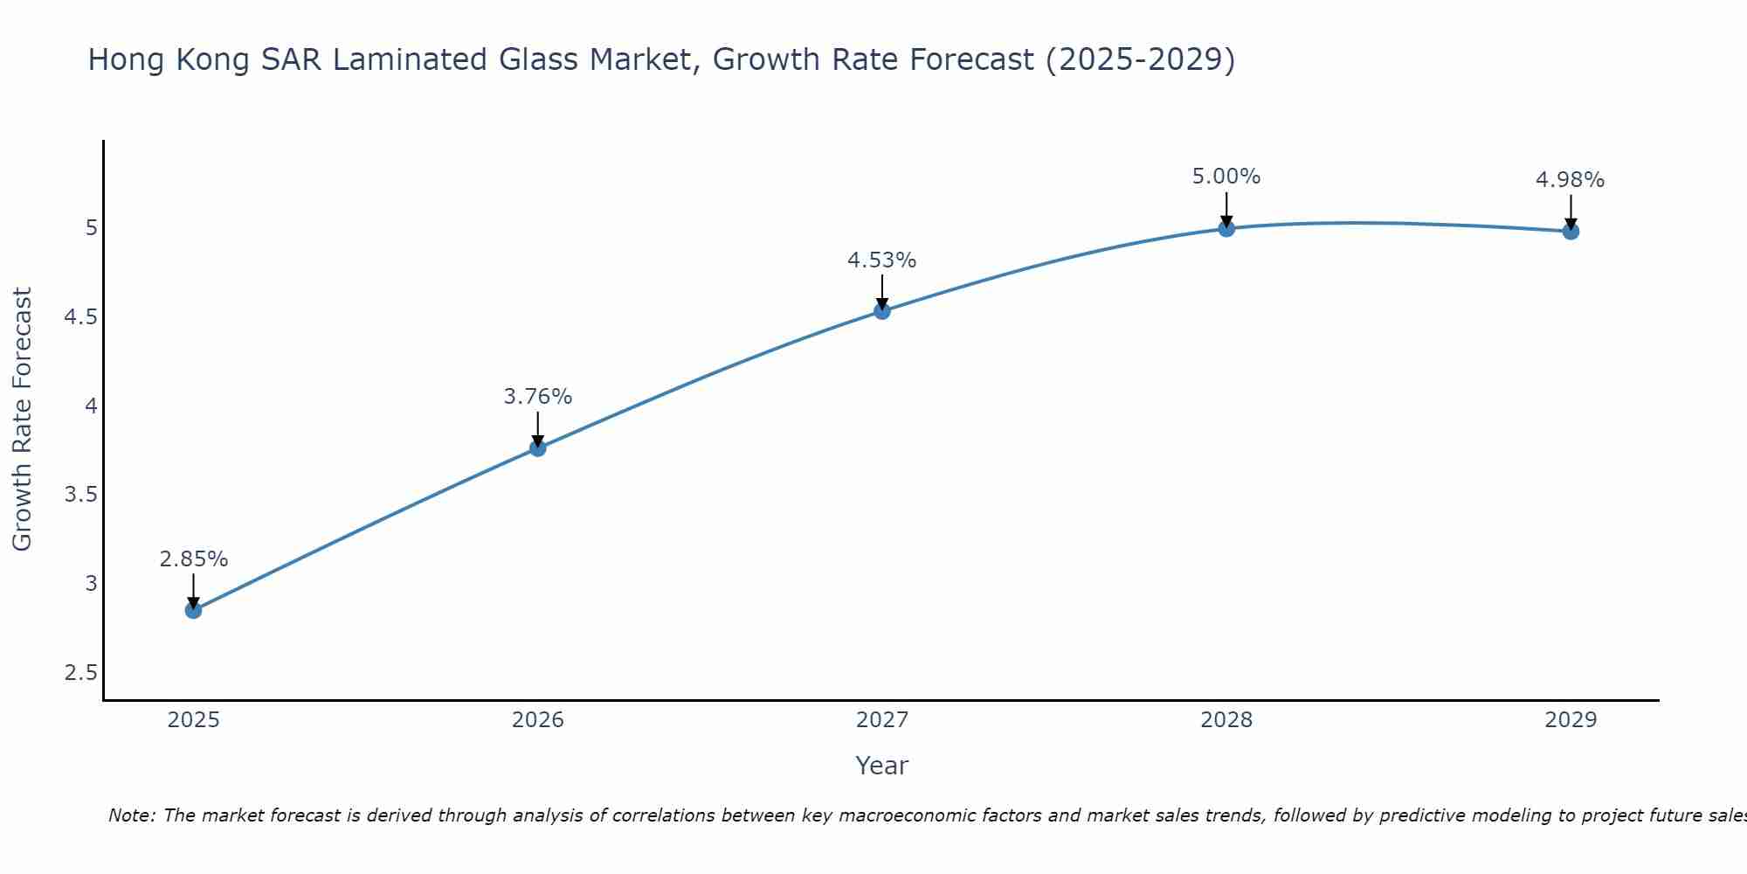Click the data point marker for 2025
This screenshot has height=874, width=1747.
194,610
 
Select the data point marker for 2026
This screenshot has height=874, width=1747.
538,448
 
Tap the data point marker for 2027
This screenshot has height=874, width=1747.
882,311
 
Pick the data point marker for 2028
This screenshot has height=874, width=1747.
1226,228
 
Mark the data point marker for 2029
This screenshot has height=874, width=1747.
1571,232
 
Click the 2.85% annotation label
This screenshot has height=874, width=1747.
194,559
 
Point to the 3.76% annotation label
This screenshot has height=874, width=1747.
538,397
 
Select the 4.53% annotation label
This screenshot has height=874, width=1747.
882,260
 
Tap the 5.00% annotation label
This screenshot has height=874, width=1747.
1226,177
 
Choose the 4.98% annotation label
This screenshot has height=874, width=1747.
1571,180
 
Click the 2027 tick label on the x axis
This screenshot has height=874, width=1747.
882,720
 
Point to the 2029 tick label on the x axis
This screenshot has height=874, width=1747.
1571,720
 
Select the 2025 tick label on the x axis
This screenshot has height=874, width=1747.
194,720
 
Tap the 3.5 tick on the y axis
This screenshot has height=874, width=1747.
80,495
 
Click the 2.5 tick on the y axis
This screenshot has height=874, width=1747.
80,673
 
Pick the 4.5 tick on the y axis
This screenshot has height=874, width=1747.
80,317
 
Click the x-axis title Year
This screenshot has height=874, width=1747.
882,766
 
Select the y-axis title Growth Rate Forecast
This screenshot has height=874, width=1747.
23,420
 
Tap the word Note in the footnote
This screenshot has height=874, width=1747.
131,815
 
